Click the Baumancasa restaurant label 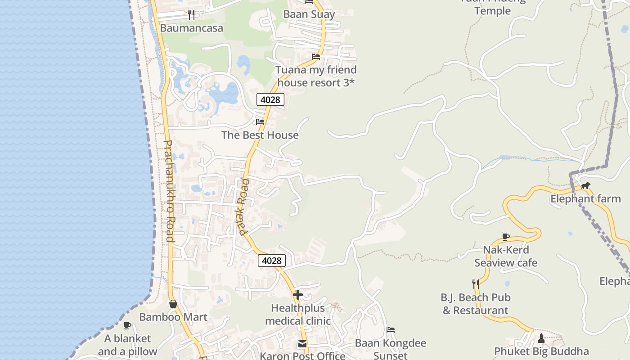point(191,28)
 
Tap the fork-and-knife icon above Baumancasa point(191,15)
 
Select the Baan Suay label point(309,14)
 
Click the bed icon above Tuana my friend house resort point(316,57)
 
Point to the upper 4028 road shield point(270,99)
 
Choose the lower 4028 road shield point(271,261)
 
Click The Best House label point(260,135)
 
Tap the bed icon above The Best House point(260,121)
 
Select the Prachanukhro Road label point(168,191)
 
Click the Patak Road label point(244,207)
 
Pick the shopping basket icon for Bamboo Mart point(173,304)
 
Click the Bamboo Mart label point(173,317)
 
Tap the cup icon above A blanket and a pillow point(127,325)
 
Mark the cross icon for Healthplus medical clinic point(298,295)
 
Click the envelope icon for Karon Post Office point(302,344)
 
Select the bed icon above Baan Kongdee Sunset point(391,330)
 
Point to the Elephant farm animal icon point(585,185)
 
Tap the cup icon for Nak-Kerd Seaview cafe point(506,237)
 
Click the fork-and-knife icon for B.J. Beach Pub point(475,284)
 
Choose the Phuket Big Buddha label point(541,351)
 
